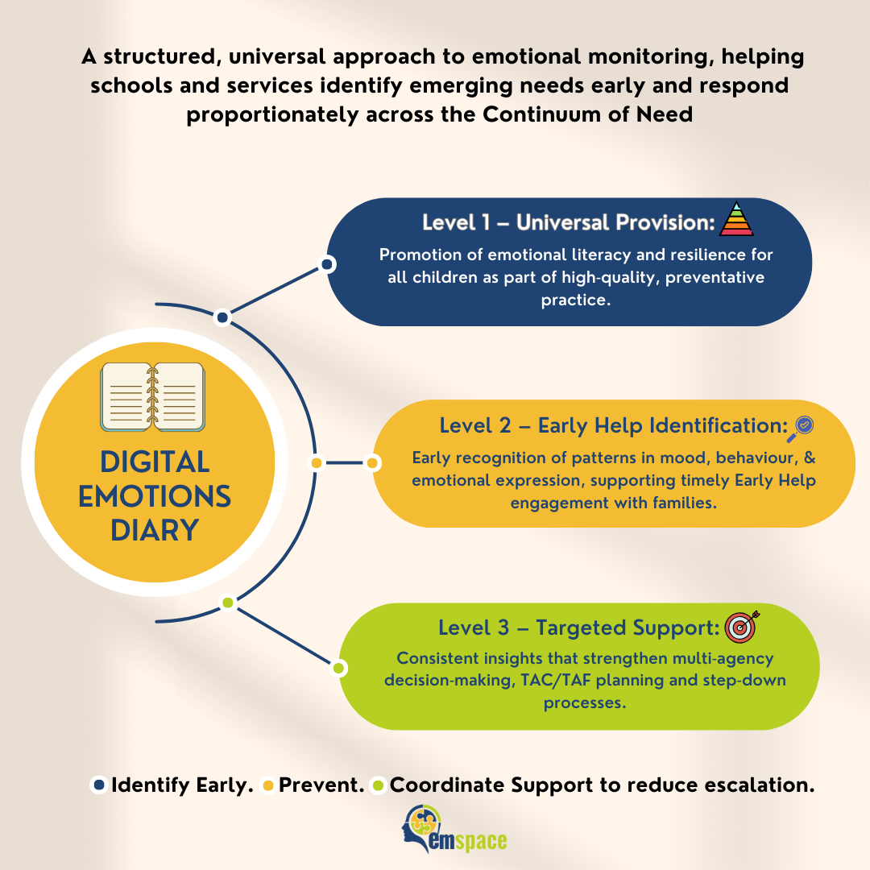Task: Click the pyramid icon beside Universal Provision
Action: click(x=736, y=219)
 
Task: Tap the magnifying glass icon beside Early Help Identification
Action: click(x=803, y=427)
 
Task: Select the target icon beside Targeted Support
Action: click(x=740, y=627)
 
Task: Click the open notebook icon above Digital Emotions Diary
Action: click(x=152, y=396)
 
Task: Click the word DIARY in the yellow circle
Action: click(x=155, y=531)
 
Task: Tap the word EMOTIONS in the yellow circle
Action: click(x=155, y=496)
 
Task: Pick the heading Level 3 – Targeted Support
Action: click(x=578, y=628)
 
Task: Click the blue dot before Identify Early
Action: click(x=99, y=785)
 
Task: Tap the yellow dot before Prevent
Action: click(x=268, y=785)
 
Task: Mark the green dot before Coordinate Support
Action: click(x=378, y=785)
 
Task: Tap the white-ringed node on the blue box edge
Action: click(x=327, y=264)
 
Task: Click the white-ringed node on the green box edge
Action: click(x=339, y=668)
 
